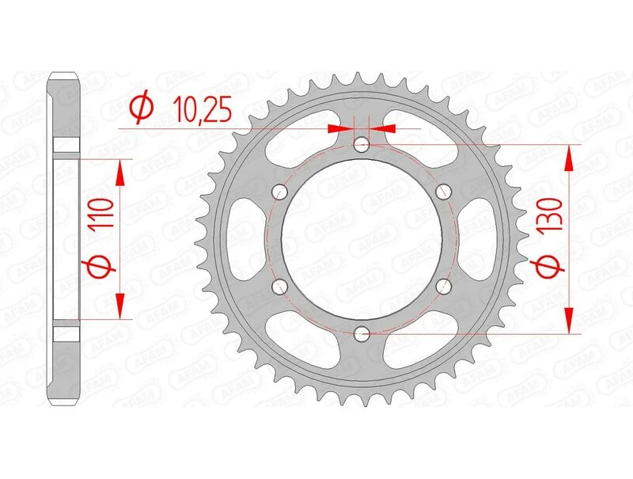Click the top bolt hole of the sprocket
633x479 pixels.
point(362,144)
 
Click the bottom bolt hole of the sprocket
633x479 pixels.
point(362,333)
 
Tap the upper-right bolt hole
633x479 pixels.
point(443,191)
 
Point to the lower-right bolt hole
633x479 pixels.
point(443,287)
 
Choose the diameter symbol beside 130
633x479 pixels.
point(552,269)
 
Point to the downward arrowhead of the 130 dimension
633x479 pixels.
point(568,320)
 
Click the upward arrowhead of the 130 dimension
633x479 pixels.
point(568,158)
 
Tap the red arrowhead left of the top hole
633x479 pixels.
point(342,127)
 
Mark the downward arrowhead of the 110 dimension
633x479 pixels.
point(121,306)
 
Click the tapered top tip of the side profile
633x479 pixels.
point(66,77)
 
